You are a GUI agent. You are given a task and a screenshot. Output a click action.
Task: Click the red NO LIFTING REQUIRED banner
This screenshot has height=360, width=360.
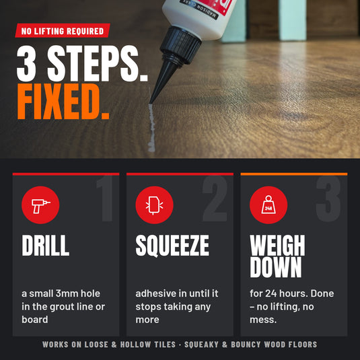point(63,30)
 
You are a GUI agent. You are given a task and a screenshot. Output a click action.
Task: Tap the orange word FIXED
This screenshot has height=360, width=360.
point(63,102)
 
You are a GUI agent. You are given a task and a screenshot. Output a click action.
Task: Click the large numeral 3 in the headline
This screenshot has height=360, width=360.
point(27,64)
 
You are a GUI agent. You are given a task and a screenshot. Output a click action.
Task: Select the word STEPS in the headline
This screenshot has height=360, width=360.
point(97,64)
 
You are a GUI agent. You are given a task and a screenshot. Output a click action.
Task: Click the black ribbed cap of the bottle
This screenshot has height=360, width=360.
point(180,45)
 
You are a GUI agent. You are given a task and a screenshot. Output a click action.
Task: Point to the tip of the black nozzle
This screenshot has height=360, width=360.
point(150,103)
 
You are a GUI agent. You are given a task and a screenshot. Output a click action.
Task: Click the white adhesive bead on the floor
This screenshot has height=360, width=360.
point(151,128)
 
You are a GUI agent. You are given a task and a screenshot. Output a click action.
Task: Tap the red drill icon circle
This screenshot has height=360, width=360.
point(40,205)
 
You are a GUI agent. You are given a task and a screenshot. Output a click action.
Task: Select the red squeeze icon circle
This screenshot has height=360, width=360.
point(154,205)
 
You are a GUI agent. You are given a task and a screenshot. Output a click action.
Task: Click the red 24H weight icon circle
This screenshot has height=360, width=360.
point(268,205)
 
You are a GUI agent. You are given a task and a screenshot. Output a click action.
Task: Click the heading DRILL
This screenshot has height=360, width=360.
point(46,246)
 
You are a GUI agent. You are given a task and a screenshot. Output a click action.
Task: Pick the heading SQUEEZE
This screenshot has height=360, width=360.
point(172,246)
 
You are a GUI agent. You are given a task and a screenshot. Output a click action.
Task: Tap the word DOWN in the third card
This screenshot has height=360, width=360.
point(275,267)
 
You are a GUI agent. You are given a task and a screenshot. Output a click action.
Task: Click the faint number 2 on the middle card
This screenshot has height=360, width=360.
point(215,199)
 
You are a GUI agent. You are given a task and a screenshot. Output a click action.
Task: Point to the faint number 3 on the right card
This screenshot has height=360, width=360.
point(328,199)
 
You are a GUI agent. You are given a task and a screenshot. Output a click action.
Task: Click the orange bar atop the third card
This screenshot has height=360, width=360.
point(294,174)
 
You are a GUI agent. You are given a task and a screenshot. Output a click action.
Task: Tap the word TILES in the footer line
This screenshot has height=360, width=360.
point(165,345)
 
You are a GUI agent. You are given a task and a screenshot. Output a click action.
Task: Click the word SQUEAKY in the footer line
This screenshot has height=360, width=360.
point(201,345)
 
